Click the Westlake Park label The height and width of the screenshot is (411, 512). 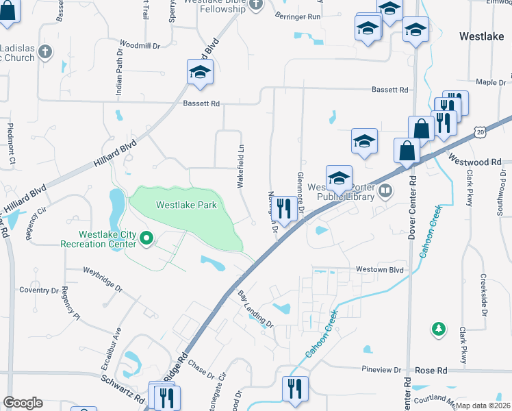186,205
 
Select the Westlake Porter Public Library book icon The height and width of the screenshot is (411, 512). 386,190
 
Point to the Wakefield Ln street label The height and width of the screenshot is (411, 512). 241,166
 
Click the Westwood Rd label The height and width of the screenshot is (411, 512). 476,162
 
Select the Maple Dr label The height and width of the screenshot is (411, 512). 490,82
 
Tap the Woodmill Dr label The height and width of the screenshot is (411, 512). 139,45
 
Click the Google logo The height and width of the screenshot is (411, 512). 23,403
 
